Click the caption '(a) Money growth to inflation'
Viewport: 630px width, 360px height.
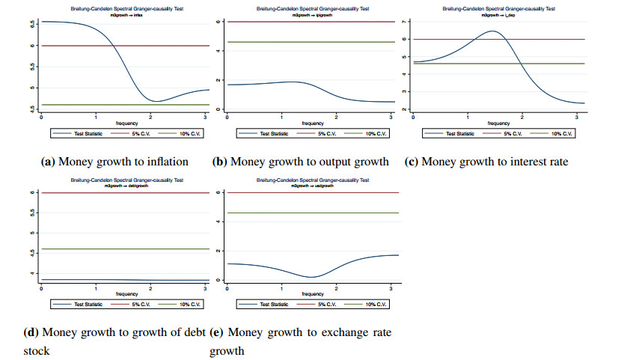[114, 162]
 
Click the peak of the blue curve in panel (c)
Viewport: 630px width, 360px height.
[492, 31]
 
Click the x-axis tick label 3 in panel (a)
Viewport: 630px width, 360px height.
[206, 117]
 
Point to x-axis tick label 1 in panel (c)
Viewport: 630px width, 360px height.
[468, 117]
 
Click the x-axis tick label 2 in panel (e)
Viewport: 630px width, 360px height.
[337, 288]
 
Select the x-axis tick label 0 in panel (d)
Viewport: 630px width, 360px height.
[41, 288]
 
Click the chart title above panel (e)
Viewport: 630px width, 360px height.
[313, 180]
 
